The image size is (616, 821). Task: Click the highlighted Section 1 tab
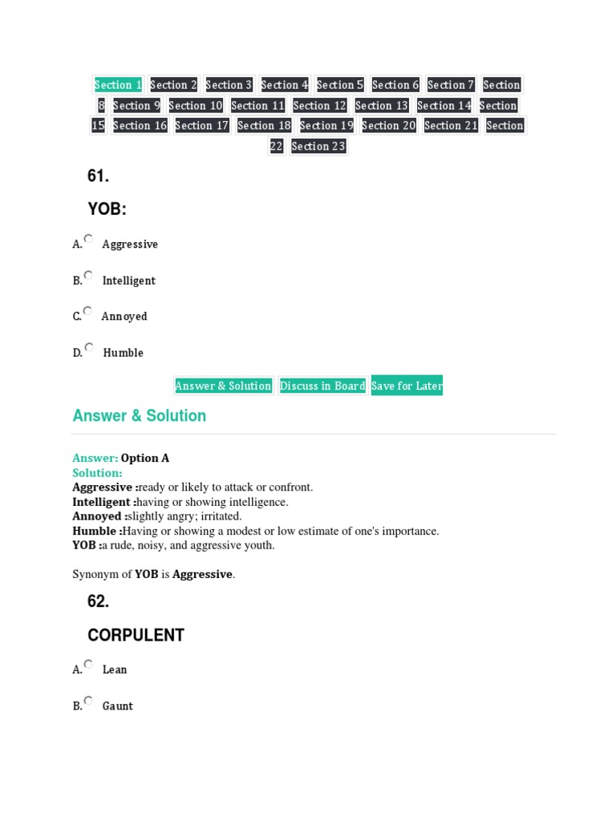pos(118,85)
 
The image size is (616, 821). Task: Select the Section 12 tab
pos(319,106)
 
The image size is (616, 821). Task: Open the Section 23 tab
pos(318,146)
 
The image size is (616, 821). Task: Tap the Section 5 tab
pos(340,85)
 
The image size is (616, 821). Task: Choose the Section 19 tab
pos(326,126)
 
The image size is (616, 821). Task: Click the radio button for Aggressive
pos(88,239)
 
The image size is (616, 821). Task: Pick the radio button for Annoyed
pos(88,311)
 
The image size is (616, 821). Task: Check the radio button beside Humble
pos(88,348)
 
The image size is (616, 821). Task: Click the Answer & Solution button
pos(223,386)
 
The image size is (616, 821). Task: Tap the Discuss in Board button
pos(322,386)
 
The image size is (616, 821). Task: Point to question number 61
pos(98,176)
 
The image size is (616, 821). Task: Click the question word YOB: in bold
pos(107,209)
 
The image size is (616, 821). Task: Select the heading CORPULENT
pos(136,635)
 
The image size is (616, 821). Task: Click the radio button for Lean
pos(88,665)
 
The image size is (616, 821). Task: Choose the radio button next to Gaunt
pos(88,701)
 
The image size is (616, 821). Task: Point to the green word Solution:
pos(97,473)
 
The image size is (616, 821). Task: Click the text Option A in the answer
pos(145,459)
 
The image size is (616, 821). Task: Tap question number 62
pos(98,601)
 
